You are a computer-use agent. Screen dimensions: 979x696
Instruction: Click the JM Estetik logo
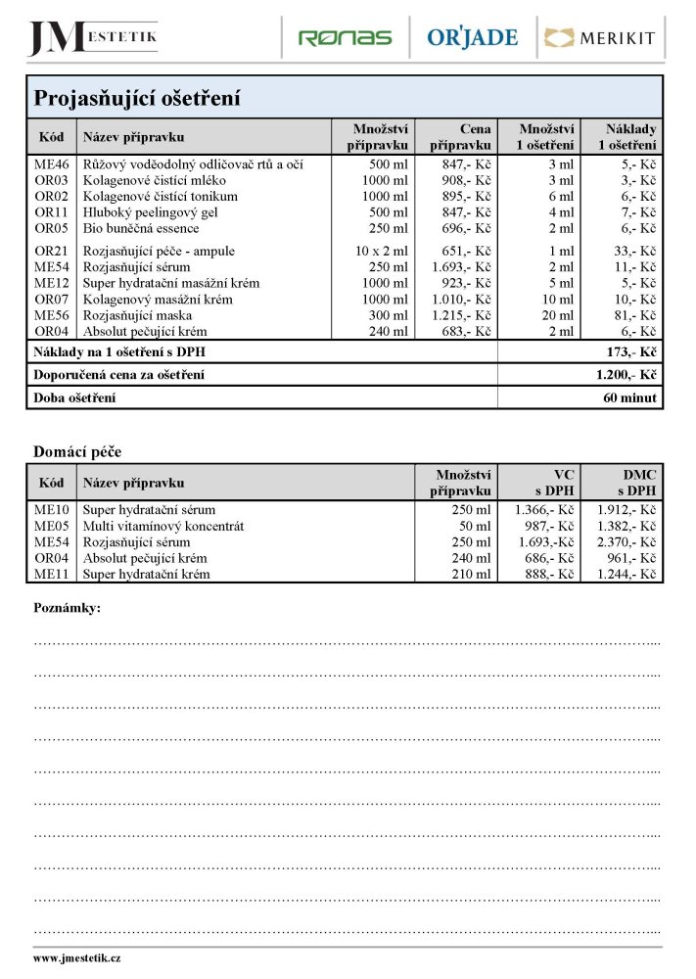pos(93,37)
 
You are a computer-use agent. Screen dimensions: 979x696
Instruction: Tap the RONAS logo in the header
pos(345,38)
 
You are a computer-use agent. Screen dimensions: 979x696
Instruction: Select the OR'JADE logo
pos(472,38)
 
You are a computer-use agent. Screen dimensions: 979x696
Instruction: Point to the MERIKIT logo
pos(600,38)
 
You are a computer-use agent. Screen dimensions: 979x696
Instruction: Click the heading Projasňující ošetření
pos(138,99)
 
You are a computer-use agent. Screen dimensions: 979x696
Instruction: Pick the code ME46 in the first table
pos(52,164)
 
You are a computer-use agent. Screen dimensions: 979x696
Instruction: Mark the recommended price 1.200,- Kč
pos(626,375)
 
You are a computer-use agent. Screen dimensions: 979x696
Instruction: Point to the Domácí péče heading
pos(77,451)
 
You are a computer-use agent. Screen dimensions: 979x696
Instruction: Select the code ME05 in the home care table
pos(52,526)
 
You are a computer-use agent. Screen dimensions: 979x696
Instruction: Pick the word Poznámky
pos(68,608)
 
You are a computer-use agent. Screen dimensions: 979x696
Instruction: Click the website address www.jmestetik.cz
pos(77,958)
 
